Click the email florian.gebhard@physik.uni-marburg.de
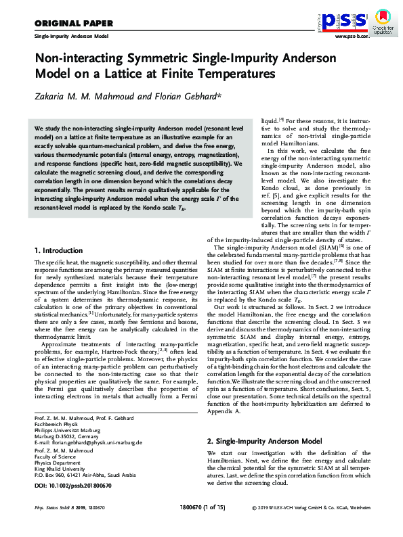(99, 424)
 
